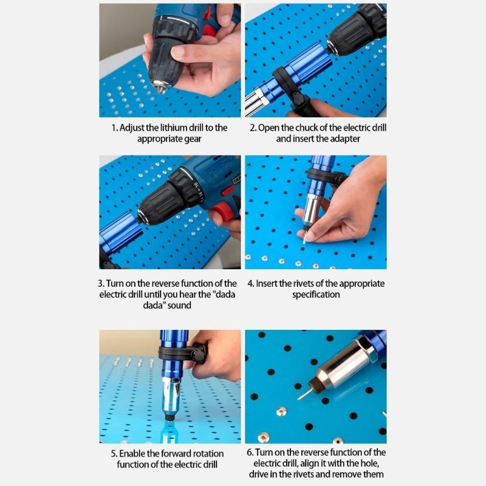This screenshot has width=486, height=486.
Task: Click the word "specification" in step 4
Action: pos(316,295)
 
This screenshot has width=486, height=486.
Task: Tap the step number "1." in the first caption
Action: pos(115,128)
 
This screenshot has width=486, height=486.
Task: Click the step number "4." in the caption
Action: pos(250,284)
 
